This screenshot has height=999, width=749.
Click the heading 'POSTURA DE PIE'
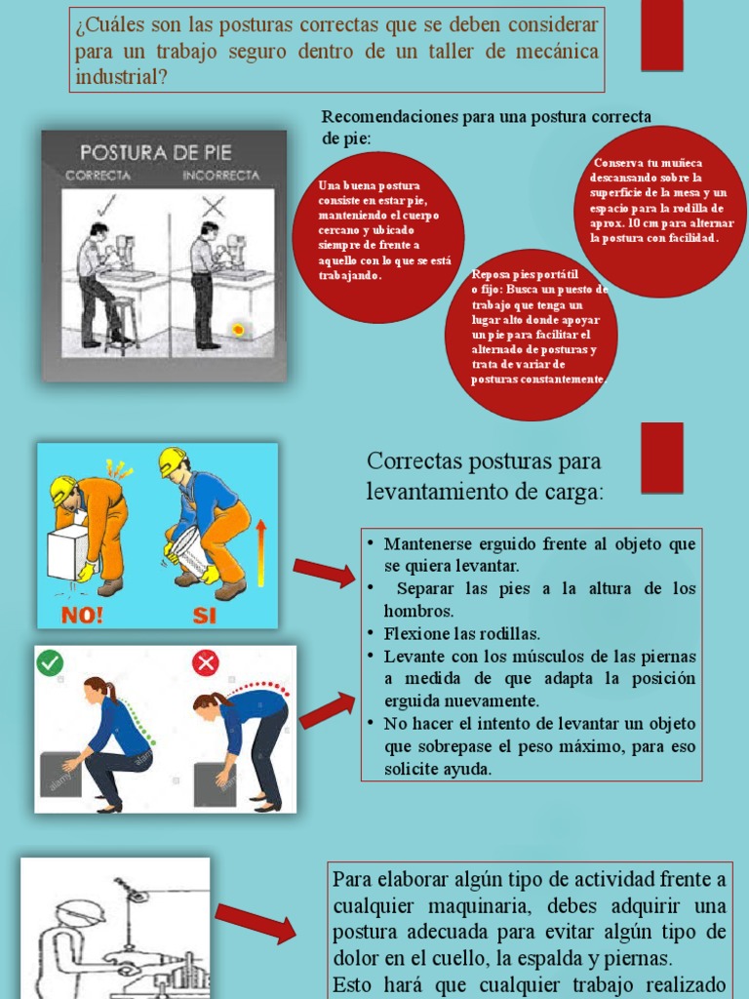[155, 153]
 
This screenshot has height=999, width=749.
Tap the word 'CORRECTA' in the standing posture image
[98, 177]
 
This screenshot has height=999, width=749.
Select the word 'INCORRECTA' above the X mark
[220, 177]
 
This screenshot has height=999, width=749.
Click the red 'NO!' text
[84, 615]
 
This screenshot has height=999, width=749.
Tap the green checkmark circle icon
[50, 663]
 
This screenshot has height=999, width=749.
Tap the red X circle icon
[206, 663]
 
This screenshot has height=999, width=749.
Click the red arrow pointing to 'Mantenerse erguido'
[324, 573]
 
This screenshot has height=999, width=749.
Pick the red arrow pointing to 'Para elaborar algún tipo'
[256, 923]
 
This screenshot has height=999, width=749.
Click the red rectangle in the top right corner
[661, 35]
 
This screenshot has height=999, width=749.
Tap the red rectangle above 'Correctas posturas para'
[661, 457]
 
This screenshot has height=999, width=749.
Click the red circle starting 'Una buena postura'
[378, 237]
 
